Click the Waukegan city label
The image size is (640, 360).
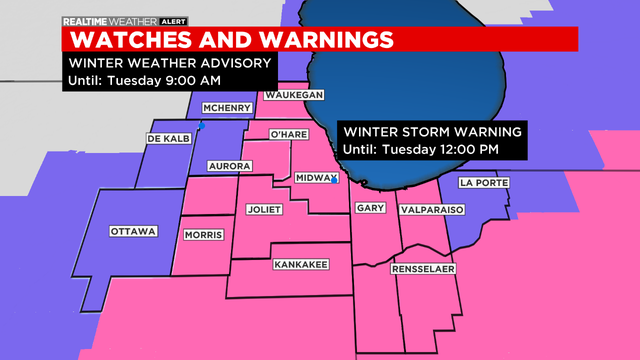(294, 95)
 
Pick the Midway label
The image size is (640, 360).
(317, 177)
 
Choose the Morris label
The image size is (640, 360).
(204, 234)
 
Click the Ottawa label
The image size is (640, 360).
(133, 231)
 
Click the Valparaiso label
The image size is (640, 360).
(432, 210)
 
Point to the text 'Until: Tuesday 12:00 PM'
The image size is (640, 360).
(420, 150)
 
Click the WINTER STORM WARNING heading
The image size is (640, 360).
(431, 132)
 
